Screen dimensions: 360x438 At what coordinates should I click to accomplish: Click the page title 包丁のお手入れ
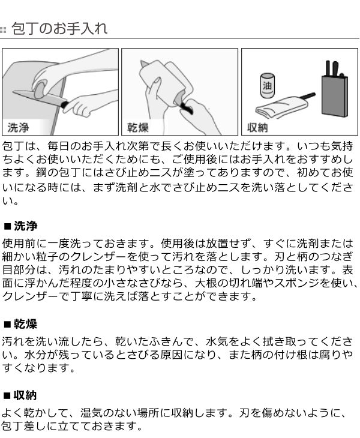pyautogui.click(x=59, y=28)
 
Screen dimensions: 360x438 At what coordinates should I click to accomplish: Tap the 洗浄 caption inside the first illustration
pyautogui.click(x=19, y=128)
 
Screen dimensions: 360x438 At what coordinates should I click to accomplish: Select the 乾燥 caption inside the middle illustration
pyautogui.click(x=138, y=128)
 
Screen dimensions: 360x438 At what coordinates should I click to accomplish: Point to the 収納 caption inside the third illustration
pyautogui.click(x=257, y=128)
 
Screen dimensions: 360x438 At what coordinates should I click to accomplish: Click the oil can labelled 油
pyautogui.click(x=267, y=85)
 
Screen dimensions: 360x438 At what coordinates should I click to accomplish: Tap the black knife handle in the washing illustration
pyautogui.click(x=65, y=104)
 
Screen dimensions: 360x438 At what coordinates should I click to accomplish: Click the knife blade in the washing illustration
pyautogui.click(x=38, y=97)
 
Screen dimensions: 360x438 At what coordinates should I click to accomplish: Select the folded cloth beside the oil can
pyautogui.click(x=281, y=107)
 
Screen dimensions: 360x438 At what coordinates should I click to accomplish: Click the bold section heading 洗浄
pyautogui.click(x=25, y=226)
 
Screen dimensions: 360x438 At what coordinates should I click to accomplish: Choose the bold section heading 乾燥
pyautogui.click(x=25, y=324)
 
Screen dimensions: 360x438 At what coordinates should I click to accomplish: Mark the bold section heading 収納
pyautogui.click(x=25, y=395)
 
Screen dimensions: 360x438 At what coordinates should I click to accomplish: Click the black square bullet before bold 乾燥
pyautogui.click(x=7, y=325)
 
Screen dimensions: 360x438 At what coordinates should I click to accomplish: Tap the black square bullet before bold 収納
pyautogui.click(x=7, y=396)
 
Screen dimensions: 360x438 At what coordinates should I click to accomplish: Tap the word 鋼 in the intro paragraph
pyautogui.click(x=41, y=173)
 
